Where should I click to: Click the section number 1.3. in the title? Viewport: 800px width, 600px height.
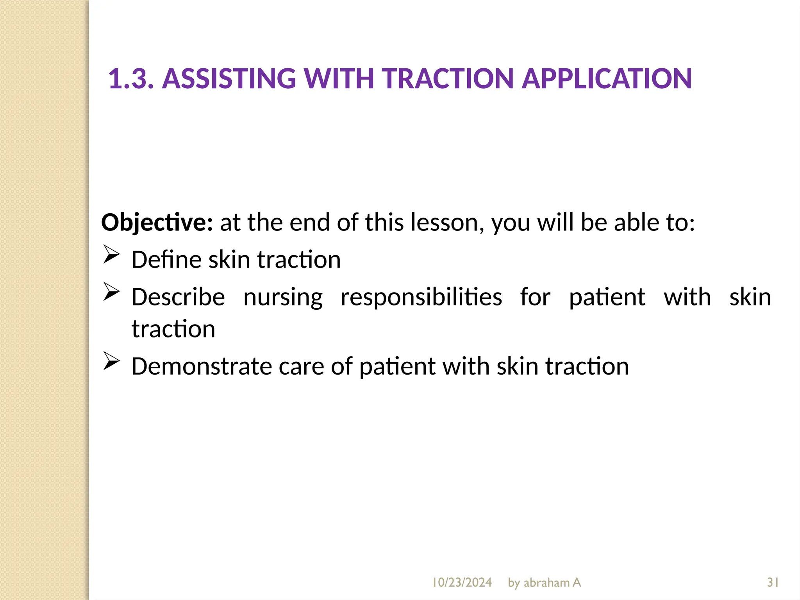click(x=130, y=79)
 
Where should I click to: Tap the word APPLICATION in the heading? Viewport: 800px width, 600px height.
click(x=607, y=79)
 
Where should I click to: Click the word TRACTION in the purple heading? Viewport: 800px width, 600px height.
click(x=448, y=79)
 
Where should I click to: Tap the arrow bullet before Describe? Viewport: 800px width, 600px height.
click(x=111, y=292)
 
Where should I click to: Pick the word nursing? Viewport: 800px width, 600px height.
click(x=283, y=297)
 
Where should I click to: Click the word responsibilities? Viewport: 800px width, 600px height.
click(x=421, y=297)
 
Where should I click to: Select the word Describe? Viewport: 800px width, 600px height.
click(x=178, y=297)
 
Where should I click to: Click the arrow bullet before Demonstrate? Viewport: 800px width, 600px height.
click(x=111, y=361)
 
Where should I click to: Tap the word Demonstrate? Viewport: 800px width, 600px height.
click(x=202, y=366)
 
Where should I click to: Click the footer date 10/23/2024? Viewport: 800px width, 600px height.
click(x=462, y=582)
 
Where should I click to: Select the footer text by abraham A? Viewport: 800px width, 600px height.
click(x=544, y=582)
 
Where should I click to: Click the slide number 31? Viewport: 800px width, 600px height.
click(x=773, y=582)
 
